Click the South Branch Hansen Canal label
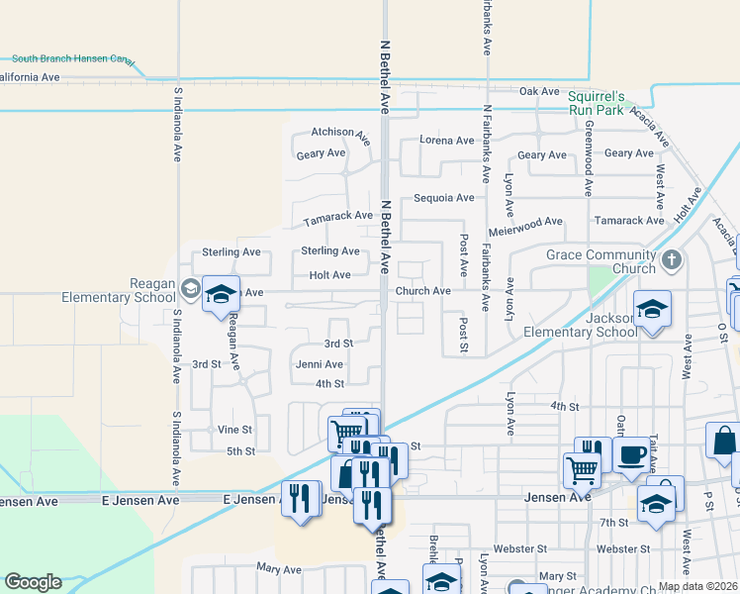click(x=72, y=59)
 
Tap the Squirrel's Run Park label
click(x=597, y=103)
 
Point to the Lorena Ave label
click(x=446, y=141)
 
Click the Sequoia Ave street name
click(x=443, y=198)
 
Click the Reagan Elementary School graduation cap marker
click(x=222, y=293)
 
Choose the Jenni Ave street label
click(x=320, y=364)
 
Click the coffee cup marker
click(x=631, y=455)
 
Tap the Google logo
click(x=33, y=582)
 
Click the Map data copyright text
click(x=698, y=586)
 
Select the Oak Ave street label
click(x=540, y=91)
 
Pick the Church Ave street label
click(x=423, y=291)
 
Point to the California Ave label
click(x=30, y=76)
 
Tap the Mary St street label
click(x=557, y=576)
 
